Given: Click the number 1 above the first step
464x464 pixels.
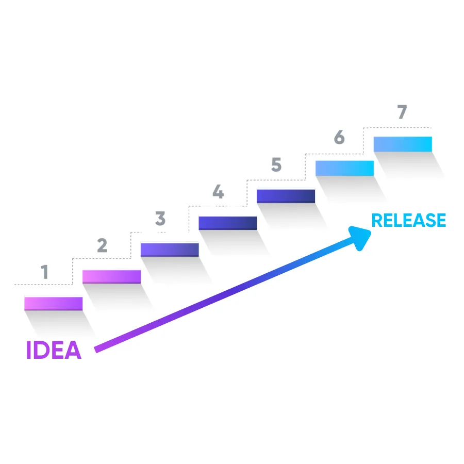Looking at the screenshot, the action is pyautogui.click(x=44, y=272).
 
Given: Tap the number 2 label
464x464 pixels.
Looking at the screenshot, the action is pyautogui.click(x=102, y=245).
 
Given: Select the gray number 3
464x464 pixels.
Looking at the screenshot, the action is pyautogui.click(x=160, y=219).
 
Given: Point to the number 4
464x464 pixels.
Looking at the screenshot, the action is pyautogui.click(x=219, y=191).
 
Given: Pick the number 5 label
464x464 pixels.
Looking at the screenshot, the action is pyautogui.click(x=276, y=164).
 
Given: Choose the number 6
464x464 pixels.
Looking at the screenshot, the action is pyautogui.click(x=339, y=137).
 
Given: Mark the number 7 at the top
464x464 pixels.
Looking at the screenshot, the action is pyautogui.click(x=402, y=112).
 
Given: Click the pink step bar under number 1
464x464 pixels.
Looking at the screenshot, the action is pyautogui.click(x=53, y=304).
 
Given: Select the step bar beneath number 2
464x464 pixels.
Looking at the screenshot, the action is pyautogui.click(x=111, y=277).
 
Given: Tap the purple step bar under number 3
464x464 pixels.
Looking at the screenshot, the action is pyautogui.click(x=170, y=250).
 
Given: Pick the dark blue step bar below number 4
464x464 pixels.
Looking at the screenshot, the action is pyautogui.click(x=227, y=223).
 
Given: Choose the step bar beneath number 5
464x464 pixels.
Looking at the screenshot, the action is pyautogui.click(x=286, y=196).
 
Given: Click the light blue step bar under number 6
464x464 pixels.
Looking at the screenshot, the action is pyautogui.click(x=344, y=169).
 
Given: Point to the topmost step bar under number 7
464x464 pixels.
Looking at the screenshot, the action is pyautogui.click(x=403, y=144).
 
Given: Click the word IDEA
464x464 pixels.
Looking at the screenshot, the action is pyautogui.click(x=54, y=350).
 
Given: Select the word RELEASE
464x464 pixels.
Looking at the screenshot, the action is pyautogui.click(x=409, y=220).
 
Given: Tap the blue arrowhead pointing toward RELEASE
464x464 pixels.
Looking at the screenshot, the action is pyautogui.click(x=359, y=238).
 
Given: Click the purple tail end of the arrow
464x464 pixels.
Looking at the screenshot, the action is pyautogui.click(x=96, y=350).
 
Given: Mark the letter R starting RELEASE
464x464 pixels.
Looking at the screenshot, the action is pyautogui.click(x=377, y=220).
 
